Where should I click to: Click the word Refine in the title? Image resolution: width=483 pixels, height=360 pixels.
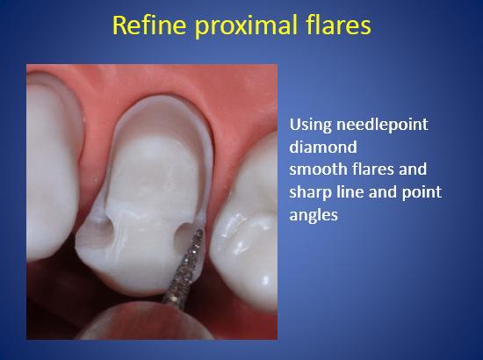(x=149, y=25)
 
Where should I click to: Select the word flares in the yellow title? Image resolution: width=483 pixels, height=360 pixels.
(x=339, y=25)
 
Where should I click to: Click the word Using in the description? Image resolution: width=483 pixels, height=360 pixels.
(x=311, y=125)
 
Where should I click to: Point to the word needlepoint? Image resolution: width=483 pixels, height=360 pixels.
(x=382, y=125)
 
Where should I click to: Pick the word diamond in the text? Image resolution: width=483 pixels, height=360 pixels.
(x=323, y=147)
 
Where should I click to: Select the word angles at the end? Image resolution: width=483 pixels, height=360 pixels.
(x=314, y=215)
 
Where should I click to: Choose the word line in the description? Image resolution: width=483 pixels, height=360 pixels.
(x=350, y=191)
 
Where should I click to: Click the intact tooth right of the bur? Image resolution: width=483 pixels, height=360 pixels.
(x=245, y=222)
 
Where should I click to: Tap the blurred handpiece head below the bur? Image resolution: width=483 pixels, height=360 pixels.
(x=145, y=322)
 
